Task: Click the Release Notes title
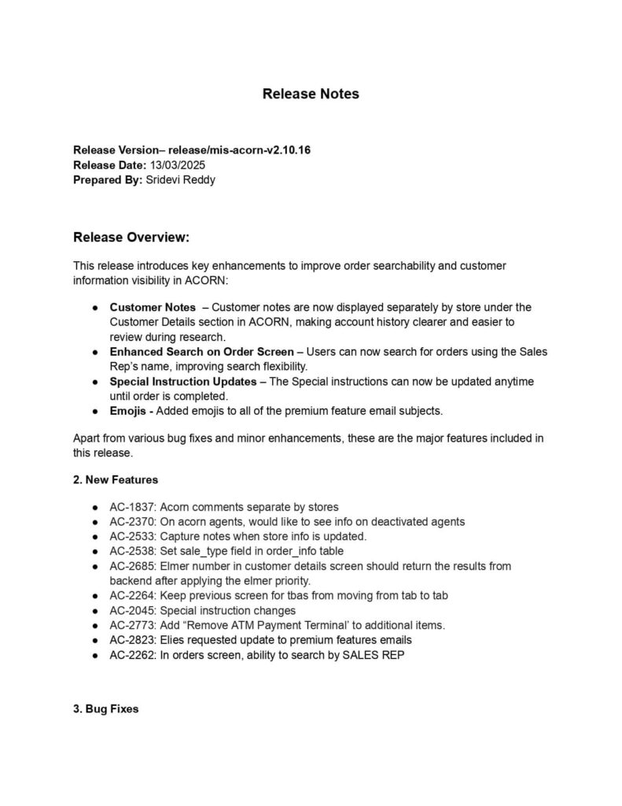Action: [311, 94]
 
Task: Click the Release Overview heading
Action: [131, 238]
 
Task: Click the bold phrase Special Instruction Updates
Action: [182, 382]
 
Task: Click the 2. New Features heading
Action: [116, 479]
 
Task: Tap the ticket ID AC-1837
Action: [132, 507]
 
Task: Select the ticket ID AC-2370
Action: [132, 521]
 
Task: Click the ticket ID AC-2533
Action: [132, 536]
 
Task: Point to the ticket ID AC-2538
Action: [132, 551]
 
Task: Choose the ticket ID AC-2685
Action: [132, 566]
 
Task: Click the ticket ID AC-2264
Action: [132, 596]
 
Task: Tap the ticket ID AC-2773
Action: [132, 625]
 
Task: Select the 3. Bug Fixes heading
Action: [105, 709]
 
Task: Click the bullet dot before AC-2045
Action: [94, 611]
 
